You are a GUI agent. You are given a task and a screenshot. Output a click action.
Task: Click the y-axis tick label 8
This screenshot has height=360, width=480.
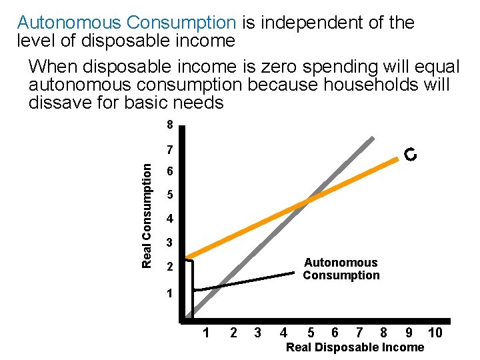click(x=170, y=125)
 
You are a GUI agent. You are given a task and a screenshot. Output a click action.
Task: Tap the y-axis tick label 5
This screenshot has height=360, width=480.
click(x=170, y=195)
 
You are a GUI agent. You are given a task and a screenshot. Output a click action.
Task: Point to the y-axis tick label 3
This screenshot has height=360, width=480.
click(x=170, y=243)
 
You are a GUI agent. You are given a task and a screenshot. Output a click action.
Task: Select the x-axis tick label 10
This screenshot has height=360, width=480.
click(x=435, y=333)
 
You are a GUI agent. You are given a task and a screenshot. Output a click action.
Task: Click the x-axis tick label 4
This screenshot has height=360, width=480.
click(x=284, y=333)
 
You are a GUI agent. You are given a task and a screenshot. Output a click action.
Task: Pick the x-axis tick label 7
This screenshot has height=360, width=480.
click(x=359, y=333)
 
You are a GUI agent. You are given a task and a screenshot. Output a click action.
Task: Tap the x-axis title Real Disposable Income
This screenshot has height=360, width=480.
click(x=355, y=347)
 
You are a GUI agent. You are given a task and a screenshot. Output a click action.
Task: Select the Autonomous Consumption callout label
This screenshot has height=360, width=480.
click(x=341, y=269)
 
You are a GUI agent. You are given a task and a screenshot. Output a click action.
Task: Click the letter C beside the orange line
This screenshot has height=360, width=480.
click(x=411, y=155)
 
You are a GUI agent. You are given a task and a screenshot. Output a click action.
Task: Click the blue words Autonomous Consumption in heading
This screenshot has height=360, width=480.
click(x=127, y=23)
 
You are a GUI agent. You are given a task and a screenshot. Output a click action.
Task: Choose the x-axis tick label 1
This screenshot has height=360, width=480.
click(x=207, y=333)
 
